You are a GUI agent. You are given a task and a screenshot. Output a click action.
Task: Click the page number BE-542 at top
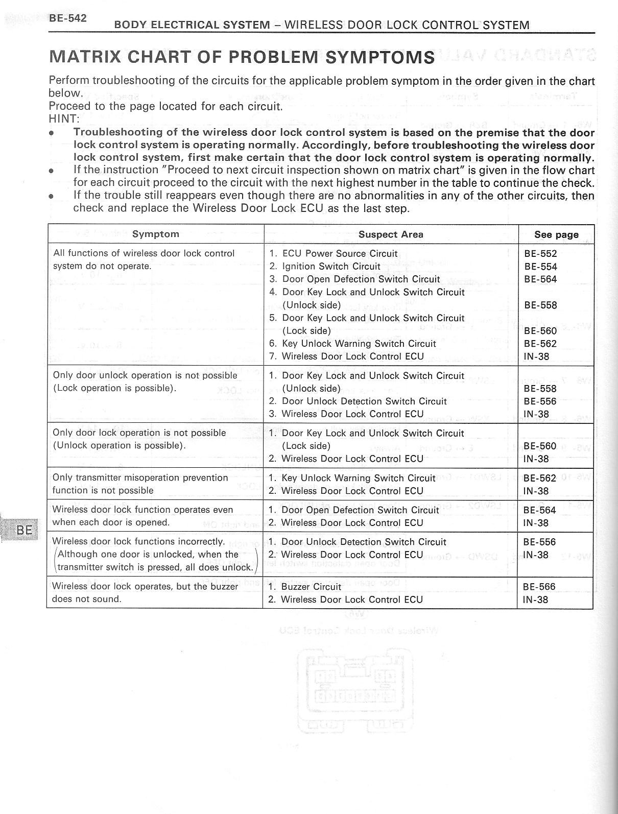tap(68, 18)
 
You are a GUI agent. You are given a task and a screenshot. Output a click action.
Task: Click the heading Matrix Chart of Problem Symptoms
tap(242, 57)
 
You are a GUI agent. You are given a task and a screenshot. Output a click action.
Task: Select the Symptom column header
tap(155, 234)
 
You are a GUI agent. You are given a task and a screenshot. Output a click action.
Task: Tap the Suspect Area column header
tap(391, 234)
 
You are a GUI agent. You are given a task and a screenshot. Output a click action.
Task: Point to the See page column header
tap(556, 234)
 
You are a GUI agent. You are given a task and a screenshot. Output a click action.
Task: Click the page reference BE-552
tap(540, 254)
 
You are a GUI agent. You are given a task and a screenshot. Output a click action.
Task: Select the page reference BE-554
tap(540, 267)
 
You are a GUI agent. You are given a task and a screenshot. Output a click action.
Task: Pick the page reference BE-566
tap(539, 587)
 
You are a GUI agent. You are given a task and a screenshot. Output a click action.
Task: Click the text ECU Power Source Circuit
tap(340, 254)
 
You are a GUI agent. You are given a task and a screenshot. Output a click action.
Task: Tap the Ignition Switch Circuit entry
tap(331, 266)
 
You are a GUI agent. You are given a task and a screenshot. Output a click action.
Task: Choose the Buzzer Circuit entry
tap(311, 587)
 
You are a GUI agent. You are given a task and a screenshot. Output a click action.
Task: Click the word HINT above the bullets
tap(63, 119)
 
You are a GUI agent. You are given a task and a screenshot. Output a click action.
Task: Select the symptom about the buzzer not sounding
tap(145, 592)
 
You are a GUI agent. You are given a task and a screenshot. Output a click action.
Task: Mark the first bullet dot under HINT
tap(51, 133)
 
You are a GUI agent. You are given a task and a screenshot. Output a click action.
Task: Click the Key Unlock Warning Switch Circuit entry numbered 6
tap(359, 344)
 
